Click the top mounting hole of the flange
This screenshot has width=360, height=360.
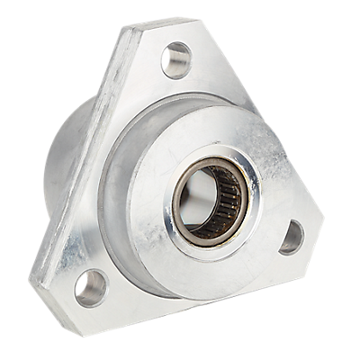coord(176,59)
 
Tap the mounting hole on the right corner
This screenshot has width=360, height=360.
coord(292,237)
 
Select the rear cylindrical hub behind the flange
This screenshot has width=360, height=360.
coord(65,162)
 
